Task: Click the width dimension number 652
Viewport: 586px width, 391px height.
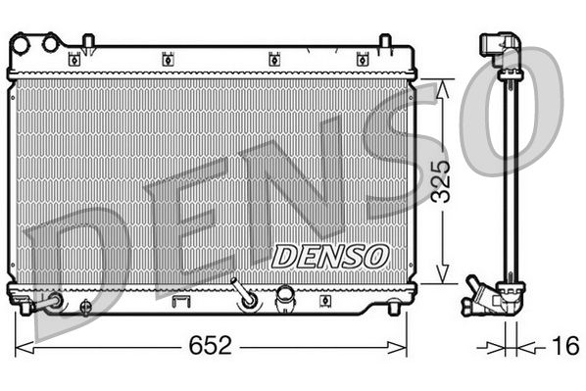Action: pyautogui.click(x=209, y=346)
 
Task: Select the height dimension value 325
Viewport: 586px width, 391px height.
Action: pyautogui.click(x=444, y=180)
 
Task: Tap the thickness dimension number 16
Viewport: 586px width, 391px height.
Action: pyautogui.click(x=563, y=346)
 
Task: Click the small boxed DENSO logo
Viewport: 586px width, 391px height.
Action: pyautogui.click(x=329, y=257)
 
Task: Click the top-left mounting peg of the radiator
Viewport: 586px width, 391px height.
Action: pyautogui.click(x=87, y=41)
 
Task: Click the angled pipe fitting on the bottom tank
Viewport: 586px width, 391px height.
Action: pyautogui.click(x=242, y=292)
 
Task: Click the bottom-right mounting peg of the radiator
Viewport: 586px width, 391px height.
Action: pyautogui.click(x=393, y=308)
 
